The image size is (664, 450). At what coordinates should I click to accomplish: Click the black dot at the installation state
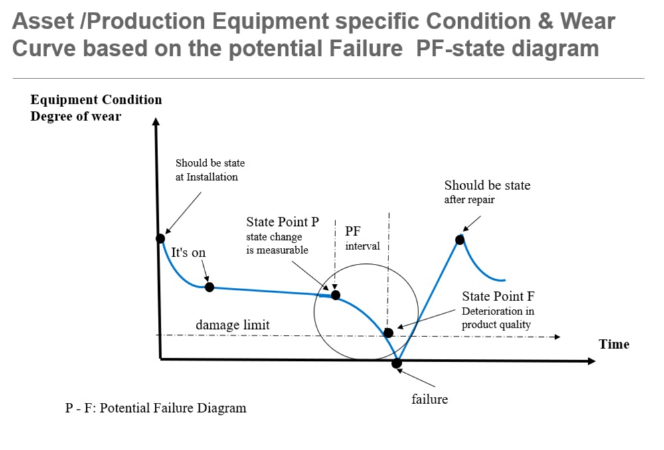click(160, 239)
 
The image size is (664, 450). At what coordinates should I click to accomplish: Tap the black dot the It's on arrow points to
click(209, 287)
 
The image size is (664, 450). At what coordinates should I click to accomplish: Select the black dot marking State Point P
click(335, 295)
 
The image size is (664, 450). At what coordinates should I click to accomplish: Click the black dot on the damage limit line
click(388, 333)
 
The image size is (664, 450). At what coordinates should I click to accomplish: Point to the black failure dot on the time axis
click(396, 364)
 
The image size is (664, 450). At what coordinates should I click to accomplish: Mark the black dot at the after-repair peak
click(460, 240)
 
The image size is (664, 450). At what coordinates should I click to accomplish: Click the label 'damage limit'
click(232, 325)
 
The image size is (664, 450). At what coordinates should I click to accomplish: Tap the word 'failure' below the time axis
click(430, 399)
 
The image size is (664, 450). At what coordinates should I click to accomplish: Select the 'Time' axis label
click(614, 344)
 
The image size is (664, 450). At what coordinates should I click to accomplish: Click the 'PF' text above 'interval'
click(353, 231)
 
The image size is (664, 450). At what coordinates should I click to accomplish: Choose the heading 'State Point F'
click(498, 296)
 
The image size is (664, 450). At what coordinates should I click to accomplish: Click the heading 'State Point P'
click(282, 221)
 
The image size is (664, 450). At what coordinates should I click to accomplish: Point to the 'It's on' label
click(188, 253)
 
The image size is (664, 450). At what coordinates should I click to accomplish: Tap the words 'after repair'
click(469, 199)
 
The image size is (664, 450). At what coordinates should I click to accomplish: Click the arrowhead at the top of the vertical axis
click(156, 122)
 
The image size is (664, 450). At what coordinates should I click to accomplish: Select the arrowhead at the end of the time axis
click(592, 361)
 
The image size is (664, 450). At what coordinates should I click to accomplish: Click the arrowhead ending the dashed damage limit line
click(557, 337)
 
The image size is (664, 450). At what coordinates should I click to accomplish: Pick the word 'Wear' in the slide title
click(588, 21)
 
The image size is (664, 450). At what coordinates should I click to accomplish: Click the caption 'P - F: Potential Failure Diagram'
click(155, 408)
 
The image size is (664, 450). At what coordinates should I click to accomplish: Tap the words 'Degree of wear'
click(76, 116)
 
